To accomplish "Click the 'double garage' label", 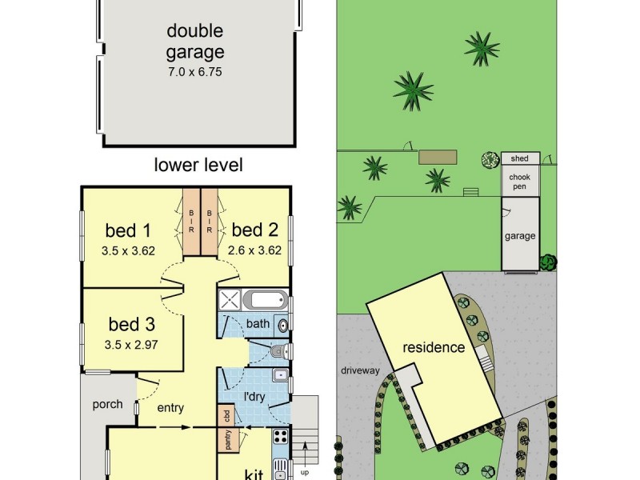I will [195, 42].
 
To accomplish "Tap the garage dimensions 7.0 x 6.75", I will [195, 71].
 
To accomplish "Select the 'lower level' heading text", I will [198, 166].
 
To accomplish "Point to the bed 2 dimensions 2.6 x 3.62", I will [254, 250].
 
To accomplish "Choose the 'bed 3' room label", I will [131, 325].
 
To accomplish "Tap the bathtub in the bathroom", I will [265, 301].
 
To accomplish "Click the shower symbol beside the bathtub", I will [230, 301].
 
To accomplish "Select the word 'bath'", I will [258, 324].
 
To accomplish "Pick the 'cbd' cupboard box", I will [226, 415].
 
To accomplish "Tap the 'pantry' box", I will [227, 440].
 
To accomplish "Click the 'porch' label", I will [106, 404].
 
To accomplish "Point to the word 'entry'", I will [170, 408].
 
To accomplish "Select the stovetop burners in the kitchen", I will [281, 438].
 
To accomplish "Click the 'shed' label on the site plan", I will [519, 158].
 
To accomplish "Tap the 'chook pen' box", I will [519, 182].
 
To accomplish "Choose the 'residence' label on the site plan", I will [433, 347].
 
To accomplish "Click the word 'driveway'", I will [359, 370].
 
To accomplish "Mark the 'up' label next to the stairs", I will [304, 472].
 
